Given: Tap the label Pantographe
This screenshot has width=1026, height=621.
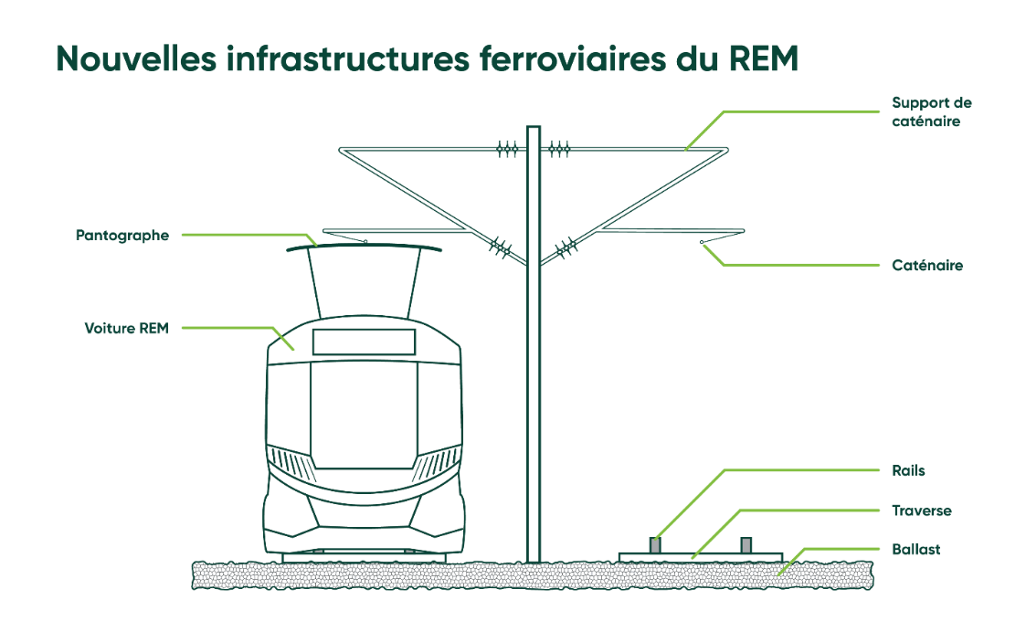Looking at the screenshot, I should (122, 236).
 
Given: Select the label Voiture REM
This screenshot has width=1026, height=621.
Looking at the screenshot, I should (127, 328).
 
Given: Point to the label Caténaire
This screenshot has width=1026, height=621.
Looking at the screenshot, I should (927, 266).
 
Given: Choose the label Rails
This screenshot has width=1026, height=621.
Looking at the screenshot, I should (908, 471).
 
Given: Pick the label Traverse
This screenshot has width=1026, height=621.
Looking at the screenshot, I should (921, 510).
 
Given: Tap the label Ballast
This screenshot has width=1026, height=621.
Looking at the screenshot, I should (915, 550).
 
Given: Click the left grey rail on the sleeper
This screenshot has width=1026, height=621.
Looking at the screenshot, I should (654, 544).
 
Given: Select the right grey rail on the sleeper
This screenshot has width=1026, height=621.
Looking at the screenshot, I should (746, 544).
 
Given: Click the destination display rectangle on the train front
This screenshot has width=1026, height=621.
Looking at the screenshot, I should (364, 342).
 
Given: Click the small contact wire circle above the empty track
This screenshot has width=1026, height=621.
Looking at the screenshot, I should (702, 242).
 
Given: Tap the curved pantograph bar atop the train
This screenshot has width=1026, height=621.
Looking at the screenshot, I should (364, 247).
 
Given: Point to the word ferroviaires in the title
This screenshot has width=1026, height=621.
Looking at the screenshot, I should (584, 58).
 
